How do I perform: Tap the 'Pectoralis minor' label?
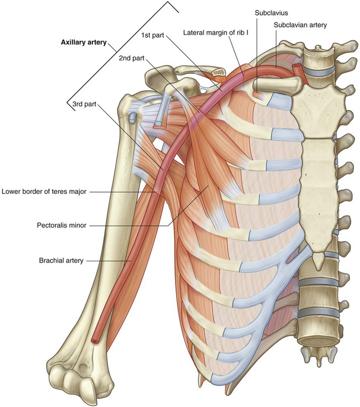tap(59, 225)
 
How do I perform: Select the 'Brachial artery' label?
tap(61, 260)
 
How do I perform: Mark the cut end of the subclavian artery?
tap(300, 70)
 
